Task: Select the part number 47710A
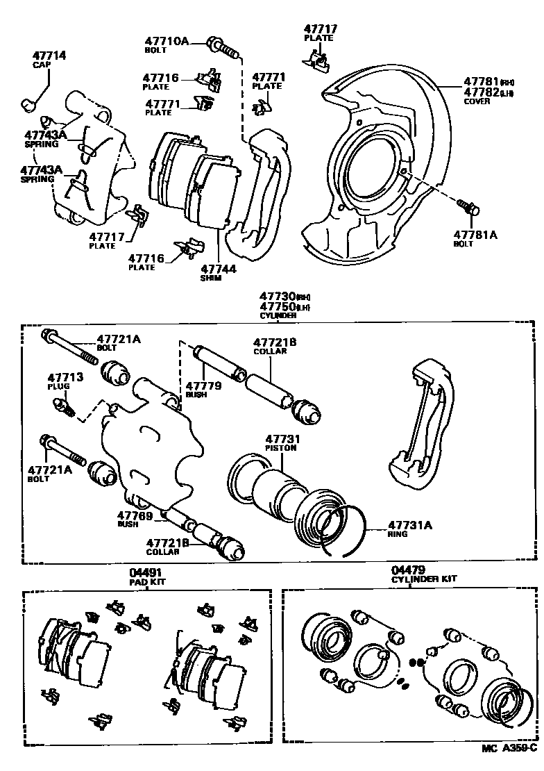[x=167, y=42]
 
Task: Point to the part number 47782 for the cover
[x=481, y=92]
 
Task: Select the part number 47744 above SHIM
[x=219, y=268]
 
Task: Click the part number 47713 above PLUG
[x=65, y=377]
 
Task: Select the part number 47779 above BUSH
[x=203, y=385]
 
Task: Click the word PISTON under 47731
[x=280, y=449]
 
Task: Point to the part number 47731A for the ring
[x=409, y=525]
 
